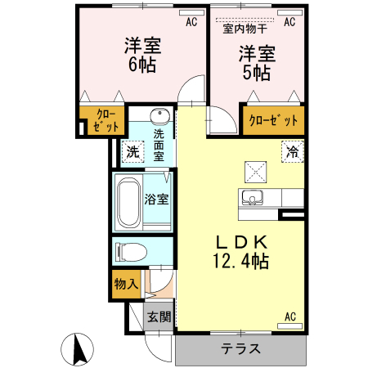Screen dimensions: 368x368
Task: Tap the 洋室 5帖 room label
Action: (256, 63)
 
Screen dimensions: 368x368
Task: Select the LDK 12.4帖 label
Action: (241, 251)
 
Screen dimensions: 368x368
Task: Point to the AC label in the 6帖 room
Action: (191, 22)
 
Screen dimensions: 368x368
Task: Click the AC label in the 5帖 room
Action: (289, 22)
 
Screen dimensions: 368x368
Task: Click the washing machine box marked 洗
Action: (132, 151)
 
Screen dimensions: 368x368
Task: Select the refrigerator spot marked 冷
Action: (291, 151)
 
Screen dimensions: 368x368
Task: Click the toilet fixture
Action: (131, 250)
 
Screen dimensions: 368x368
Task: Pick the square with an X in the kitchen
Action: (256, 171)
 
